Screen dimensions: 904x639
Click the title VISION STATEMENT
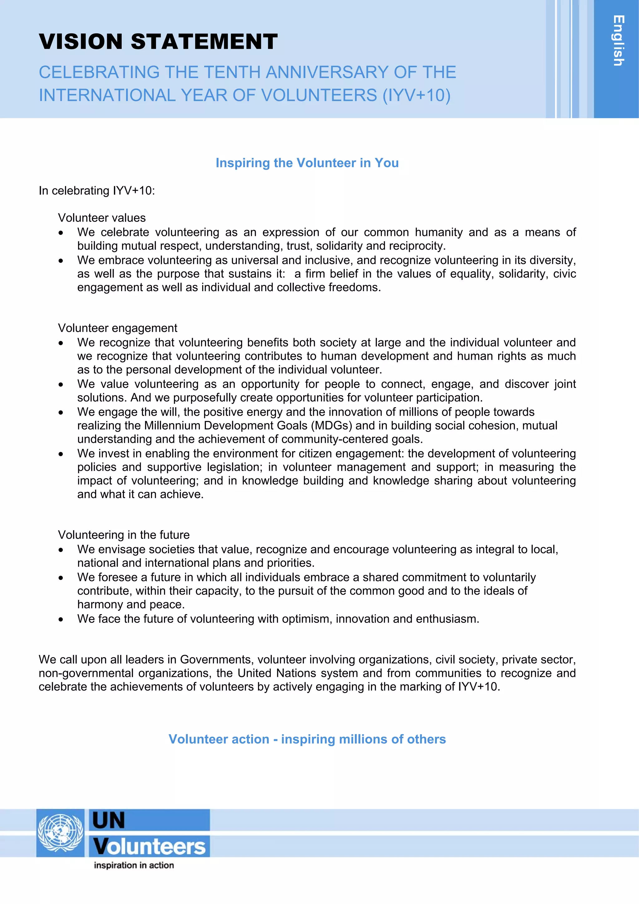pos(158,42)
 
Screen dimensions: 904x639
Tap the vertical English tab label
pos(618,41)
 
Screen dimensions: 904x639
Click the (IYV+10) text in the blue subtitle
pos(417,95)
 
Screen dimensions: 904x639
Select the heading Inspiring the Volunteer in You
pos(307,163)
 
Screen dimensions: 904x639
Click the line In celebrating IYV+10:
pos(97,191)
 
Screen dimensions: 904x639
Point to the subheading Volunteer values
pos(102,218)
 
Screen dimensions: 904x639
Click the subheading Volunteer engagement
pos(117,328)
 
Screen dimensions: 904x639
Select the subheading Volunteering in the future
pos(124,535)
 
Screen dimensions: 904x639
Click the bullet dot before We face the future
pos(61,619)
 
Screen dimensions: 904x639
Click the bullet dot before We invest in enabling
pos(61,454)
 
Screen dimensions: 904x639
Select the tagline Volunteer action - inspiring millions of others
pos(307,739)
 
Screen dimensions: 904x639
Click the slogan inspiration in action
pos(134,865)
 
